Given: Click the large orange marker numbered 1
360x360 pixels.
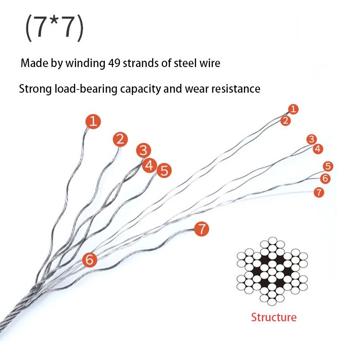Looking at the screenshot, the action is click(x=93, y=121).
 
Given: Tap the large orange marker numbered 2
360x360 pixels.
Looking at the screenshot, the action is click(x=120, y=139).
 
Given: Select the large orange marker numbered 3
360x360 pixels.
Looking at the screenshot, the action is click(x=144, y=150).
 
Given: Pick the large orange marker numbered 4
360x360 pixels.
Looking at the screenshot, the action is click(x=149, y=165).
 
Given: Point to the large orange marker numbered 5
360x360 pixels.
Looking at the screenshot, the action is click(x=164, y=171).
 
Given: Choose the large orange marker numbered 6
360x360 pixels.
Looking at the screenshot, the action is click(x=90, y=260).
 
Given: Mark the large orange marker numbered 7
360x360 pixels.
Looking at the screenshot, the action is click(x=202, y=229).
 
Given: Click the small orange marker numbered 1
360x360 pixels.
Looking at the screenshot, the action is click(x=293, y=109).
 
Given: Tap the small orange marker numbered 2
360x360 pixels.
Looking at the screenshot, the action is click(x=286, y=121).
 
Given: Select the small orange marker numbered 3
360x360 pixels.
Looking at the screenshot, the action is click(x=311, y=139).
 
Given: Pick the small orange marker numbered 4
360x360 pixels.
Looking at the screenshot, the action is click(x=318, y=149).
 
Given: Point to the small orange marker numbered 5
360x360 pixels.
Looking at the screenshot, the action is click(x=328, y=166).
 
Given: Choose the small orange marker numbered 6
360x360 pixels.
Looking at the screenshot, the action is click(x=325, y=178).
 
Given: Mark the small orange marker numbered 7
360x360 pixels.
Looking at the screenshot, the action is click(x=319, y=193).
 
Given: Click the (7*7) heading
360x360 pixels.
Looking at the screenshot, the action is click(x=54, y=28).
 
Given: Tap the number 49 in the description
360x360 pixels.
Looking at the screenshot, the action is click(x=114, y=63).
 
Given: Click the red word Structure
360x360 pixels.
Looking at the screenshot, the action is click(x=274, y=317).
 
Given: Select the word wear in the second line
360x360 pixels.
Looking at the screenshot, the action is click(x=197, y=89).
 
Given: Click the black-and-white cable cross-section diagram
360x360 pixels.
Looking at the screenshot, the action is click(x=272, y=271).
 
